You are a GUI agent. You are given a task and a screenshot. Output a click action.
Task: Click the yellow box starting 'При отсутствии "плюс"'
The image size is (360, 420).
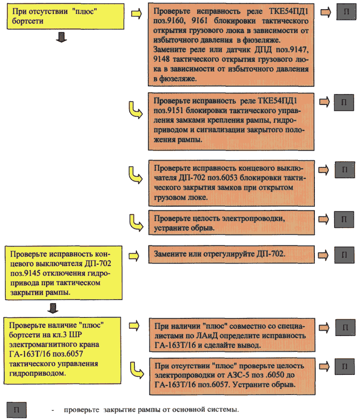[65, 16]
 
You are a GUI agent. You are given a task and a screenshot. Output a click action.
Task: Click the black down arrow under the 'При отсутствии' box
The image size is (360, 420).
[61, 37]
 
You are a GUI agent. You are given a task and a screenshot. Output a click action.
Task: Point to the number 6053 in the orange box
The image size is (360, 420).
[229, 177]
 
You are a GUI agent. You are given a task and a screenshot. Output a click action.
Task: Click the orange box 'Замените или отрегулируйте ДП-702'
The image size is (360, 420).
[231, 254]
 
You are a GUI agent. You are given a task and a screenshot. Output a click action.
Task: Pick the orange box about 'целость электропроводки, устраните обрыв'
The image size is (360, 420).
[231, 223]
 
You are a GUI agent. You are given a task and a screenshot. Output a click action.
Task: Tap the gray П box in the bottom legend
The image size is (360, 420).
[17, 410]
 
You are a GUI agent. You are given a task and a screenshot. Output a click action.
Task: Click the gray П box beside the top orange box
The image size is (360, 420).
[346, 12]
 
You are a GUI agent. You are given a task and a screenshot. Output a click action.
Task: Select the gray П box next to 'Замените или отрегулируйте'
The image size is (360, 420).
[344, 255]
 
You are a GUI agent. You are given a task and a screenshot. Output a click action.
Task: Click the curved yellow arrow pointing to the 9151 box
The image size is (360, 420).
[135, 110]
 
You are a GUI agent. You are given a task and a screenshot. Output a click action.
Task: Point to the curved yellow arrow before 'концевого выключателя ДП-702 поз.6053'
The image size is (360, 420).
[135, 175]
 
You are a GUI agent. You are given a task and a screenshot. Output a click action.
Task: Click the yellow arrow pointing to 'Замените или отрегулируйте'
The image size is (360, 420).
[134, 256]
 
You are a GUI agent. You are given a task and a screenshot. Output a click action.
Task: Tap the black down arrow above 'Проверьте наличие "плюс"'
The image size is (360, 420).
[53, 308]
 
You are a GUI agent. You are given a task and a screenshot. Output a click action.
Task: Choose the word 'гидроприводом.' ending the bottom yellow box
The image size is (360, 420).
[37, 373]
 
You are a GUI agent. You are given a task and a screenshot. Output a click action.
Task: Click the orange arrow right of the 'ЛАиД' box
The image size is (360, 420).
[324, 327]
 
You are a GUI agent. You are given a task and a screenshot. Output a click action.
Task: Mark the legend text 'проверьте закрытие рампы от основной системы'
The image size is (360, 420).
[151, 409]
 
